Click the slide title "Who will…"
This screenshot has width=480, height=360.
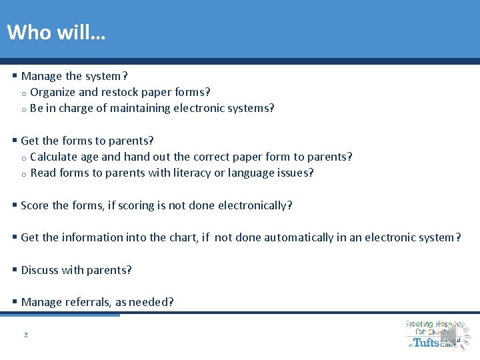pyautogui.click(x=55, y=31)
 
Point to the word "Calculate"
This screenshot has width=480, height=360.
pyautogui.click(x=54, y=157)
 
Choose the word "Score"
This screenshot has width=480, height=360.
pyautogui.click(x=35, y=205)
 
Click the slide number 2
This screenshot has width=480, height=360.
pyautogui.click(x=25, y=335)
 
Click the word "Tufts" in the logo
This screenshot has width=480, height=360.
pyautogui.click(x=427, y=342)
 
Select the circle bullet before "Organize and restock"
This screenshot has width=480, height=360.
pyautogui.click(x=23, y=93)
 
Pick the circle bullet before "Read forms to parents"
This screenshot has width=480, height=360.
pyautogui.click(x=23, y=174)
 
